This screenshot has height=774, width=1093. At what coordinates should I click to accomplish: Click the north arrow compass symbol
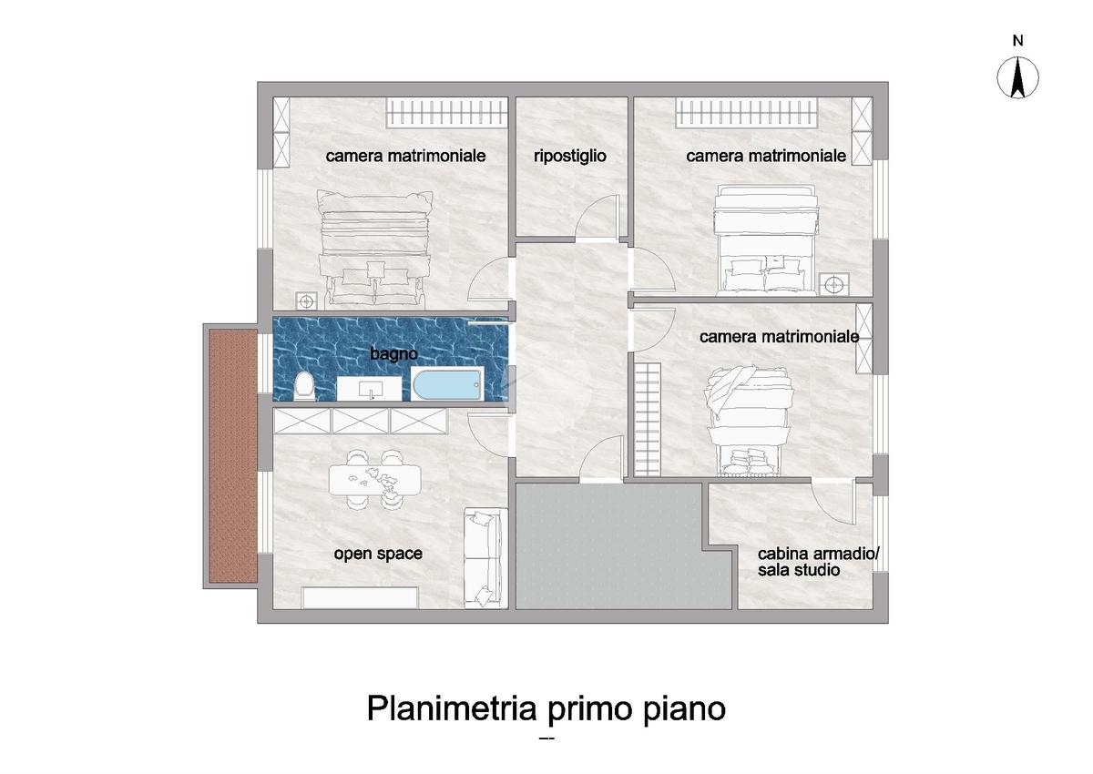pos(1017,77)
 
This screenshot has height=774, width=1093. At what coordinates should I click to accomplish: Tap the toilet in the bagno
pos(304,385)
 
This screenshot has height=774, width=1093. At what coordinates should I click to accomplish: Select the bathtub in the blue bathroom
pos(447,384)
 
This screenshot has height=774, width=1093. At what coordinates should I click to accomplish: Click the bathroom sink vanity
pos(370,389)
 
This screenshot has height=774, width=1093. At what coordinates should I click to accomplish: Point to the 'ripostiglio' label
pos(570,156)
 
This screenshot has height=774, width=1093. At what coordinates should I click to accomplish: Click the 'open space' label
pos(378,554)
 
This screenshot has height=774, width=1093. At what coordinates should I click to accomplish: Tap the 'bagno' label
pos(393,353)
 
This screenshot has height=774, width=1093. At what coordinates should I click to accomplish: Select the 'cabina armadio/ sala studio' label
pos(818,562)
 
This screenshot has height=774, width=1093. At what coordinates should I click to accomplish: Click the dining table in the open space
pos(374,480)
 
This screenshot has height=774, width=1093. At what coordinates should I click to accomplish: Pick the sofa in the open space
pos(485,558)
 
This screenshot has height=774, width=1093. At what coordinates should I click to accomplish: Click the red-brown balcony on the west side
pos(233,455)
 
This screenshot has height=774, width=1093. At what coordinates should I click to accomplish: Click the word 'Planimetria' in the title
pos(452,708)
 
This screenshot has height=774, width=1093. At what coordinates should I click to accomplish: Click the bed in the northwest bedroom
pos(374,250)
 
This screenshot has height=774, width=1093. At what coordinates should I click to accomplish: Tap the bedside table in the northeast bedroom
pos(834,284)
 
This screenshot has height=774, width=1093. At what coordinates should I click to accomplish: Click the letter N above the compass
pos(1018,41)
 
